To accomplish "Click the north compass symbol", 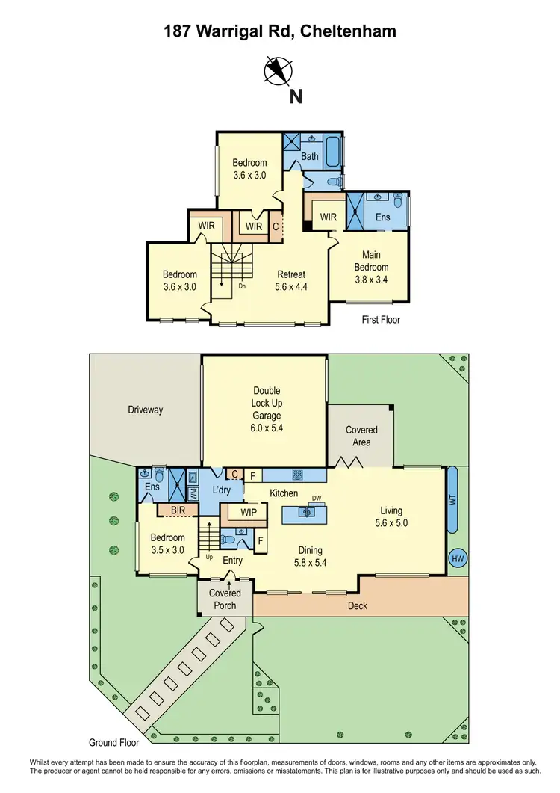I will click(x=279, y=70).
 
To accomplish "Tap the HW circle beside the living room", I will click(x=456, y=558).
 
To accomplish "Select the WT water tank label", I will click(x=452, y=500).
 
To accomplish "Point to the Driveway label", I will click(x=145, y=410).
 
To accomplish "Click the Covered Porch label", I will click(x=225, y=599).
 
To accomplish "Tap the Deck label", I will click(x=358, y=605).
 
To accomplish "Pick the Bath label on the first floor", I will click(x=309, y=157).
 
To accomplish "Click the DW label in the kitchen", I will click(x=317, y=498).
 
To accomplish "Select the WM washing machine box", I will click(x=193, y=493).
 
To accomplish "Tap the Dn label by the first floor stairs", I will click(x=242, y=286).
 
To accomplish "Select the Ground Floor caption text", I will click(x=114, y=743).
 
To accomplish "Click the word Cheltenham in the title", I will click(x=349, y=31).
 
